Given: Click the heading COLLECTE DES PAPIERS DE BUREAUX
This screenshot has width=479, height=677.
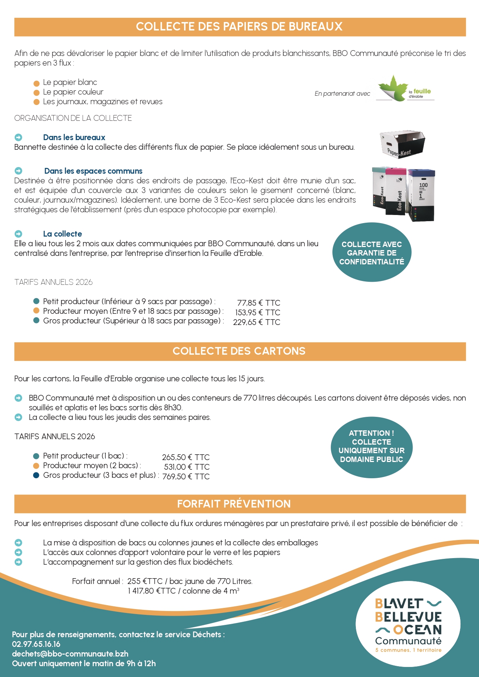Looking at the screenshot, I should (239, 27).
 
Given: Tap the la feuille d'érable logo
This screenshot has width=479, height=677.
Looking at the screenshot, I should (405, 89).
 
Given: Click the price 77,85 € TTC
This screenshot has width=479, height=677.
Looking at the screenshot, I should (259, 303).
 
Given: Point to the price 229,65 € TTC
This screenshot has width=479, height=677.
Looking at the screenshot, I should (257, 322).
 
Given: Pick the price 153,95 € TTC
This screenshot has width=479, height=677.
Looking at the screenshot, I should (257, 313).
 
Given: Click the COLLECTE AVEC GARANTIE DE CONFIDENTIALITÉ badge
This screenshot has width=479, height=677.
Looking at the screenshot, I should (372, 253).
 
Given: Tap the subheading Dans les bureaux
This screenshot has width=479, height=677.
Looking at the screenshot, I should (74, 137).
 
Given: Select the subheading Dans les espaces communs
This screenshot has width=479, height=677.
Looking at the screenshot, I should (93, 171).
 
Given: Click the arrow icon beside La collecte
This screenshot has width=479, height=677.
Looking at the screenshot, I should (19, 234).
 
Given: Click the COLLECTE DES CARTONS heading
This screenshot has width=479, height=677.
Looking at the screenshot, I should (239, 351).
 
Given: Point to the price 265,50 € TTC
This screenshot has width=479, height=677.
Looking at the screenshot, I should (186, 457).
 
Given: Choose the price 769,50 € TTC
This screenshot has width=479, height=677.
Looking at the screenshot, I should (186, 477).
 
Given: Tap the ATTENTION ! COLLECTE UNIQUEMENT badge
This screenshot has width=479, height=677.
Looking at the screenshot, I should (371, 447).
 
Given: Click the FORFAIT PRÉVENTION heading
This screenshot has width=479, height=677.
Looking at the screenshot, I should (234, 504).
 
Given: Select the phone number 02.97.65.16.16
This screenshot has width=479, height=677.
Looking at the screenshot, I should (36, 644).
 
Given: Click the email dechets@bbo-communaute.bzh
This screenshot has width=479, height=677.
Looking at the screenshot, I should (70, 654).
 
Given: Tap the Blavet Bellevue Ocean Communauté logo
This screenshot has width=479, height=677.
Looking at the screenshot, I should (408, 625).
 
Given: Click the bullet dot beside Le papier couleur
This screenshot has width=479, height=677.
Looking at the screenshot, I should (37, 93).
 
